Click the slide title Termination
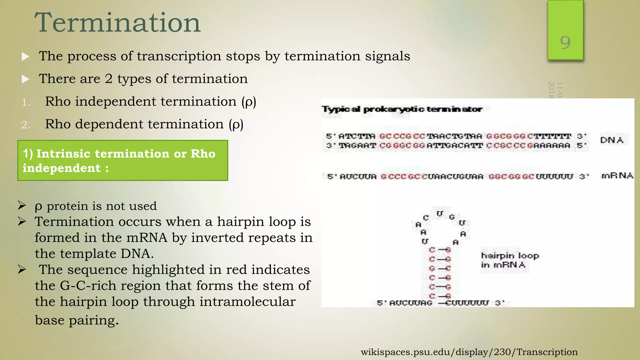[117, 22]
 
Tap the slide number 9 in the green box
[565, 42]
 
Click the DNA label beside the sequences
[612, 140]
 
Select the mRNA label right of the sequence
[617, 176]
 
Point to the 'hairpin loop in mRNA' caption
[509, 260]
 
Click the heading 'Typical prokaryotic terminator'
[402, 109]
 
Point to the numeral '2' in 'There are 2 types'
[108, 79]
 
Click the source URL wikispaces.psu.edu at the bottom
[469, 352]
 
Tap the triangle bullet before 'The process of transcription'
[26, 57]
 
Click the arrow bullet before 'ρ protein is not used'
[22, 206]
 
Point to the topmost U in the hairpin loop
[440, 214]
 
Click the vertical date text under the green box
[556, 90]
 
